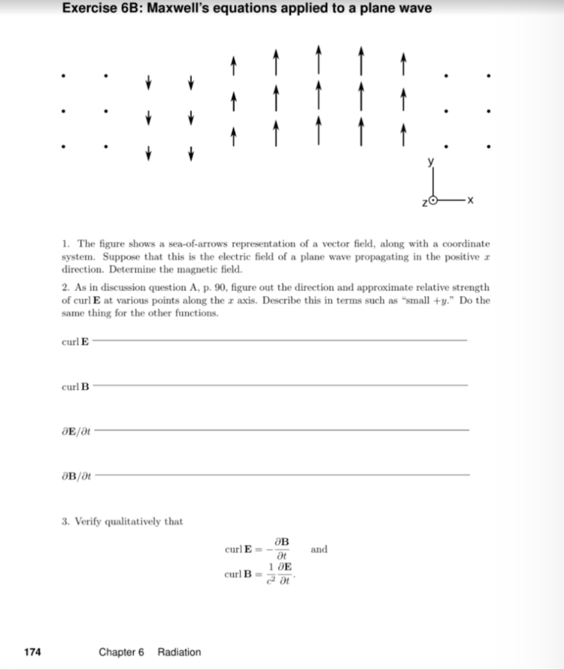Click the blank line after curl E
click(279, 340)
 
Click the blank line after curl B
click(279, 385)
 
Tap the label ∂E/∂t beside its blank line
click(74, 431)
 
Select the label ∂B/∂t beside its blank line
click(74, 475)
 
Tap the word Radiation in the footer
click(179, 652)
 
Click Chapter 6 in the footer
click(121, 652)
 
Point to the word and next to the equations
click(319, 549)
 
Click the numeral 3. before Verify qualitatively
click(64, 521)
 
